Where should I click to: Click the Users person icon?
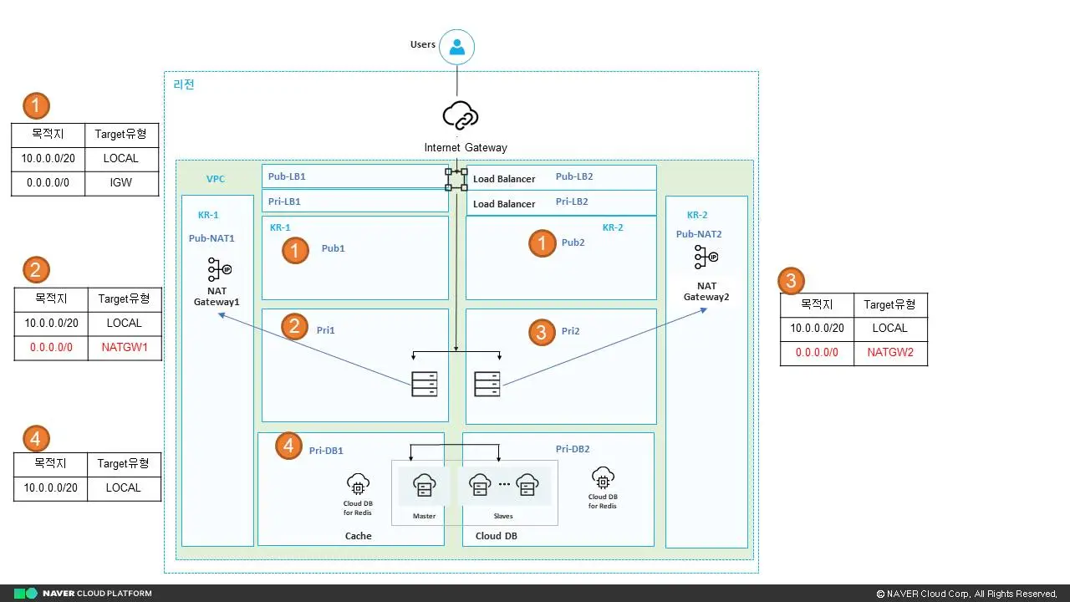456,47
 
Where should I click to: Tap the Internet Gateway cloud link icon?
460,115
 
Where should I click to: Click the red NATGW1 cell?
124,347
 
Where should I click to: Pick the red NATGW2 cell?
890,353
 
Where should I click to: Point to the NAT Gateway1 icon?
219,269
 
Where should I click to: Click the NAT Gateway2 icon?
706,257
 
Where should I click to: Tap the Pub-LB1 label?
287,176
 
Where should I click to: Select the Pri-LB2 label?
572,202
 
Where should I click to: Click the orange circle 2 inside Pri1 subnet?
294,326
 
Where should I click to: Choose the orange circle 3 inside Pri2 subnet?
542,333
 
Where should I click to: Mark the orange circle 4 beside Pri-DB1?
289,446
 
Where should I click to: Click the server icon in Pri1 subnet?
424,384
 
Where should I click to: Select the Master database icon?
424,486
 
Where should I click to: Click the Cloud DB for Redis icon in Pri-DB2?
603,478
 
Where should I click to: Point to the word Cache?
358,536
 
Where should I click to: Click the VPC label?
216,179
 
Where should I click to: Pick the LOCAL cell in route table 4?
123,487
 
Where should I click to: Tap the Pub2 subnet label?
573,242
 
